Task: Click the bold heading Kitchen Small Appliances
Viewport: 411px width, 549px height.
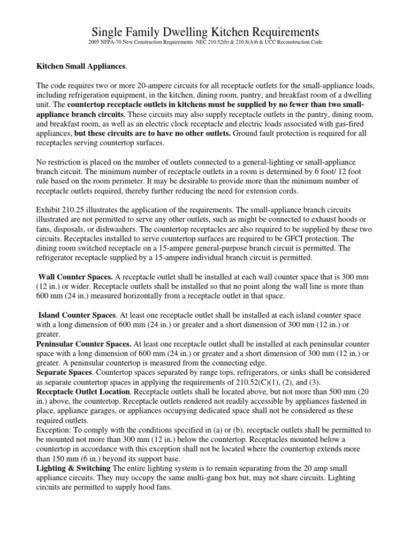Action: coord(81,66)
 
